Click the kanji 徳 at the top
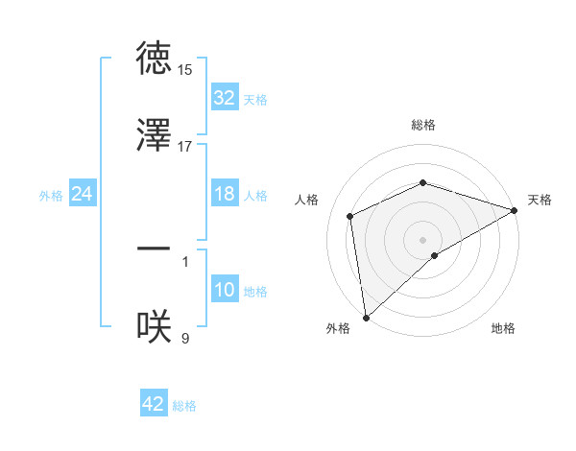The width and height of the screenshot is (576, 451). [x=154, y=59]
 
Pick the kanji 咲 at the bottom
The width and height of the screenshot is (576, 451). [x=154, y=327]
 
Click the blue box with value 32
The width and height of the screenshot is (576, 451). [x=225, y=98]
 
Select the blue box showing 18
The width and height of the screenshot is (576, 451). [x=225, y=194]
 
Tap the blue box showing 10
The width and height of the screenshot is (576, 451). [x=225, y=290]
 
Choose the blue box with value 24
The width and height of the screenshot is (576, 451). [x=83, y=194]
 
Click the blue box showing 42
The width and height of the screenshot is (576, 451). [x=154, y=404]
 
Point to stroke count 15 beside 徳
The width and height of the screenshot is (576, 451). [x=185, y=70]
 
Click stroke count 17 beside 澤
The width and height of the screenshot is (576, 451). [x=185, y=147]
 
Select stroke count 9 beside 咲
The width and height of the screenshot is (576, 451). [x=185, y=338]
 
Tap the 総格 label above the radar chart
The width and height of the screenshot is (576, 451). [x=423, y=125]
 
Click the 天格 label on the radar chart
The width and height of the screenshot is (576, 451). [x=540, y=200]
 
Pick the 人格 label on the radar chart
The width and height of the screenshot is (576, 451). [x=307, y=200]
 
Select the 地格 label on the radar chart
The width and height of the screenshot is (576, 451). [x=503, y=328]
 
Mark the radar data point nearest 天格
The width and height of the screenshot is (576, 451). [x=515, y=210]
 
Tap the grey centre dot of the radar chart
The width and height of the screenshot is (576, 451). [x=423, y=240]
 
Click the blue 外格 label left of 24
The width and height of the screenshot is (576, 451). [x=50, y=195]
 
